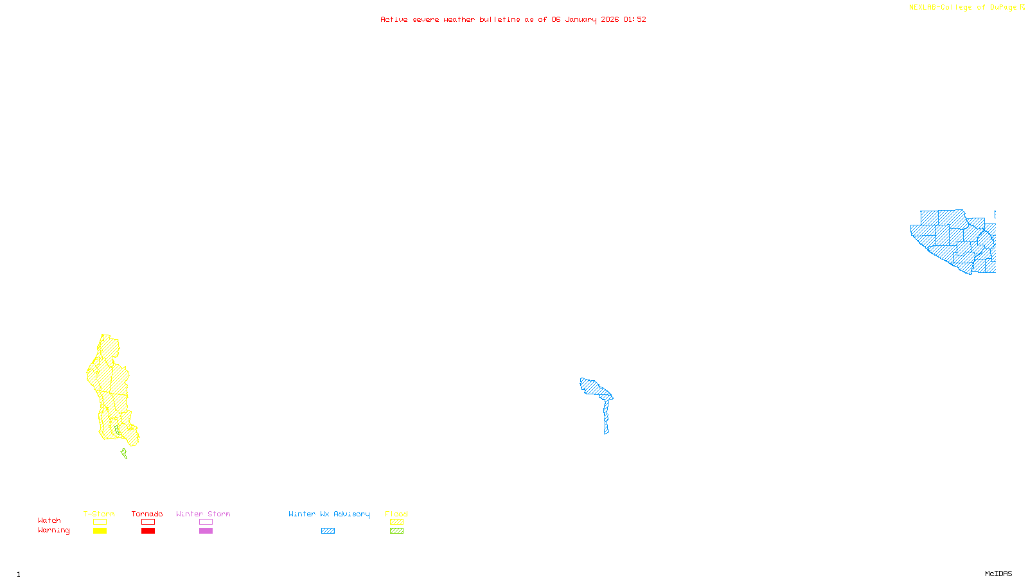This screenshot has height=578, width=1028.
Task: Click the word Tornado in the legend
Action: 147,514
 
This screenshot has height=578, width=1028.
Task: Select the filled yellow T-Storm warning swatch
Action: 100,531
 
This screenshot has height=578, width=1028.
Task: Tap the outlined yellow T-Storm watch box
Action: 100,522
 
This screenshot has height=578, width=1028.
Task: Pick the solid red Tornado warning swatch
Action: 148,531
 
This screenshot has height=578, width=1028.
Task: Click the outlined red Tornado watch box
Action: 148,522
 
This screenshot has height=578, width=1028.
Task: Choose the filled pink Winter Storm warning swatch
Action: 206,531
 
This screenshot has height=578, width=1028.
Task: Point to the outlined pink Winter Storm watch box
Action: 206,522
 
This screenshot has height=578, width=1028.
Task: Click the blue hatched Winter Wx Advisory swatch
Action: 328,531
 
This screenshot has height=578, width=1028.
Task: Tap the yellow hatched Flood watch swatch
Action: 396,522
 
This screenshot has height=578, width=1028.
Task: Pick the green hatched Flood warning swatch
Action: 396,531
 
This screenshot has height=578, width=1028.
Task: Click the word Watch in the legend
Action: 49,521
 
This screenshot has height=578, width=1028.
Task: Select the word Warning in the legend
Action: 53,530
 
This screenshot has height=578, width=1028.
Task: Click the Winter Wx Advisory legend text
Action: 329,514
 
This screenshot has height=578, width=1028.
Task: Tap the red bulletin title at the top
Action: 513,19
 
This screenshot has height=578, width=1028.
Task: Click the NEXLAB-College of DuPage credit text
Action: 963,7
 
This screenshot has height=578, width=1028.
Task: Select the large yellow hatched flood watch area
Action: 112,392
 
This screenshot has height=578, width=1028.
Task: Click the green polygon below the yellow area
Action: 124,454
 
